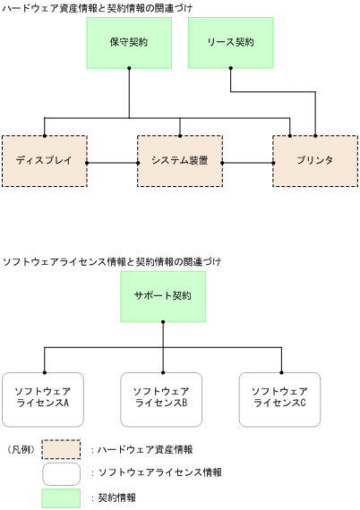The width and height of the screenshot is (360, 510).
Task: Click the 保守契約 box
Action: coord(130,41)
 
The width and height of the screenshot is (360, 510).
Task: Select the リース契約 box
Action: coord(230,41)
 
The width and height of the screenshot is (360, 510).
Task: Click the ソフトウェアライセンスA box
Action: coord(44,398)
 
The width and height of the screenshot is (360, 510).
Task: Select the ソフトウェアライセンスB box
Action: coord(162,398)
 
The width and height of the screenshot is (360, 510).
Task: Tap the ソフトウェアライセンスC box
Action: coord(280,398)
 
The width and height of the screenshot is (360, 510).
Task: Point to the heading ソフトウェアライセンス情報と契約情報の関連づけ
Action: coord(112,261)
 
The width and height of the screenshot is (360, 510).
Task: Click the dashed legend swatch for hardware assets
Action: coord(61,448)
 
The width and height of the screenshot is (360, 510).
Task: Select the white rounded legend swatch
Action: coord(61,472)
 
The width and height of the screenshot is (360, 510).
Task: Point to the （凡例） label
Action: coord(21,448)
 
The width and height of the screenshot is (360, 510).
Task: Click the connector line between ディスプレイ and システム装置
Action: coord(112,163)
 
